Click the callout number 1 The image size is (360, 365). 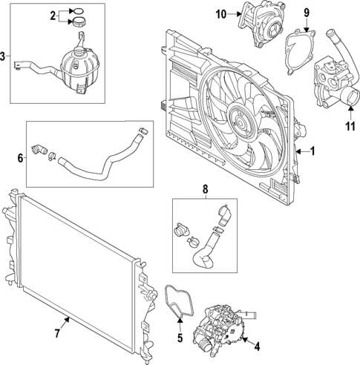[x=313, y=151]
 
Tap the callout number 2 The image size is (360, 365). [x=53, y=15]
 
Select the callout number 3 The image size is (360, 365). [x=4, y=56]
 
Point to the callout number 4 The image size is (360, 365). [x=257, y=346]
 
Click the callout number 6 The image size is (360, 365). [x=21, y=157]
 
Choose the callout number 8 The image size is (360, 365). [x=206, y=190]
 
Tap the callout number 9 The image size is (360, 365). [x=306, y=12]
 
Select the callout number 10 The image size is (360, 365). [x=220, y=15]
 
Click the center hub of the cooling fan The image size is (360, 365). [x=242, y=118]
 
